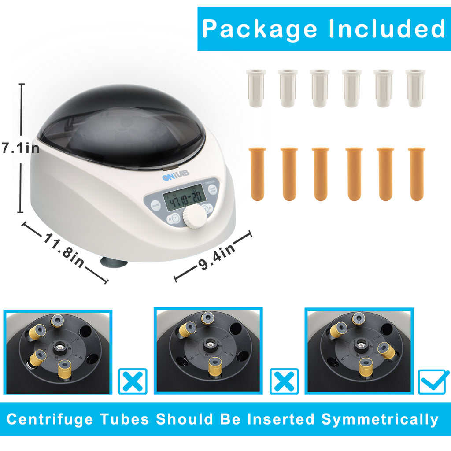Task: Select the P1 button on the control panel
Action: [x=174, y=218]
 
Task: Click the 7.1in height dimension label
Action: [x=20, y=148]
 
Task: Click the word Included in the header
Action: [x=387, y=29]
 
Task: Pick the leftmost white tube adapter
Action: [x=256, y=88]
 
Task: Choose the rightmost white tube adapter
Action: [x=415, y=88]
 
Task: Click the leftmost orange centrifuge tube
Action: [x=257, y=174]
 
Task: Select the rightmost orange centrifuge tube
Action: [x=417, y=174]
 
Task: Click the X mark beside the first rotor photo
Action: [x=133, y=381]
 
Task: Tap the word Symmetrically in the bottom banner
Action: [x=380, y=419]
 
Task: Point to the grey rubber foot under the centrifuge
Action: [x=114, y=263]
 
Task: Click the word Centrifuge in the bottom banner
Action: [x=49, y=419]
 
